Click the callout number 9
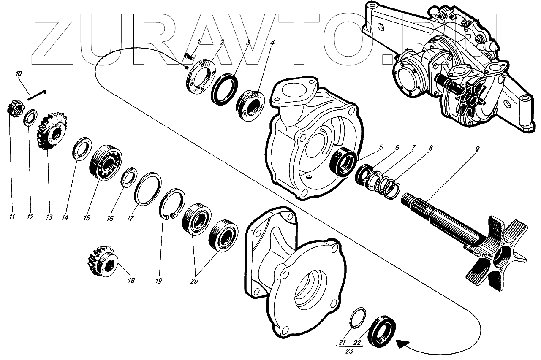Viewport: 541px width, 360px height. click(477, 149)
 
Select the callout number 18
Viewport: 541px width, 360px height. click(131, 280)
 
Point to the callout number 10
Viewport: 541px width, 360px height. click(19, 74)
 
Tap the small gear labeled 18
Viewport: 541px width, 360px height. click(101, 261)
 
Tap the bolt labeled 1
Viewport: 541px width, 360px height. click(188, 55)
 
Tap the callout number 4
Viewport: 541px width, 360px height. click(273, 43)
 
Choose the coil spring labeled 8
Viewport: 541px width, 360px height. click(391, 188)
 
